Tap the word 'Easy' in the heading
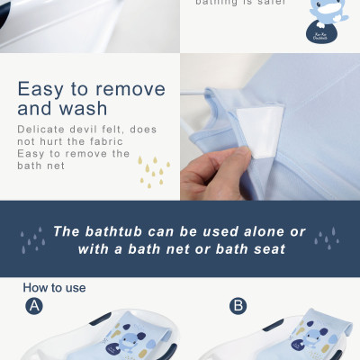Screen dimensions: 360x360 (44, 90)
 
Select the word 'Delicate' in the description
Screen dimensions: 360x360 (42, 130)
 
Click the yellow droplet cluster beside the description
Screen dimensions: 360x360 (153, 170)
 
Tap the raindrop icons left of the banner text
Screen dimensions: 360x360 (33, 238)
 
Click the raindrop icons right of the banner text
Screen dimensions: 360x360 (326, 238)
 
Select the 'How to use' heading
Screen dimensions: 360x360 (54, 288)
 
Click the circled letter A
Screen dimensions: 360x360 (34, 306)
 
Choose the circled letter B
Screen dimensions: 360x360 (238, 306)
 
